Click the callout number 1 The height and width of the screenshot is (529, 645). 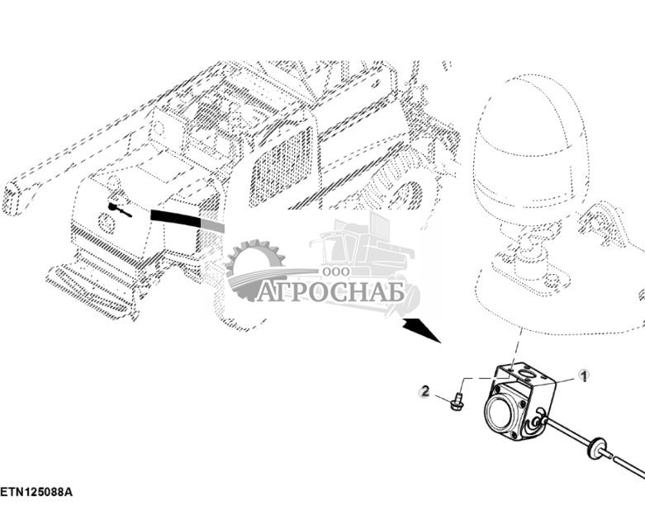[x=583, y=376]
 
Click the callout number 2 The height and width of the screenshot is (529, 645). [x=425, y=391]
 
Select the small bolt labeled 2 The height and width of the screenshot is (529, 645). [x=455, y=403]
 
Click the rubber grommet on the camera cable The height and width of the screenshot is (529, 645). [x=592, y=450]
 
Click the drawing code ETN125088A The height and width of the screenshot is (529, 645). [x=36, y=492]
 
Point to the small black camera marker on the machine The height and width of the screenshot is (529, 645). [x=120, y=210]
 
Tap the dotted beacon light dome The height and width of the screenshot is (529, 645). [x=530, y=149]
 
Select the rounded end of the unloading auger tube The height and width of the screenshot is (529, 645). [x=14, y=200]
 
